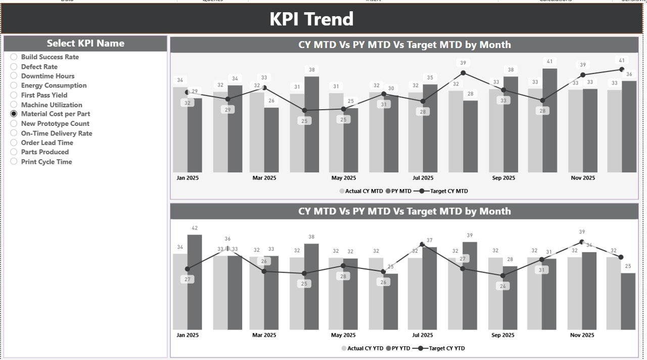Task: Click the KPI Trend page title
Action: pos(311,19)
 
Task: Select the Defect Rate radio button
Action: pos(14,67)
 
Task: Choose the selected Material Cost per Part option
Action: pos(14,114)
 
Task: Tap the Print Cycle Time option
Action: pos(14,162)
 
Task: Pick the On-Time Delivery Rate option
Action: pos(14,133)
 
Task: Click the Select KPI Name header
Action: pos(85,43)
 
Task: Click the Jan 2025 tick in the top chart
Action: pos(188,178)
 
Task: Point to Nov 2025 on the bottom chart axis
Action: pos(582,335)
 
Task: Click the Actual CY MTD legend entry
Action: pos(361,191)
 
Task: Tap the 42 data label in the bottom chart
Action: pos(195,228)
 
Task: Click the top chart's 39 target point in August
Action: pos(463,73)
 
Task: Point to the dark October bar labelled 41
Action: pos(550,121)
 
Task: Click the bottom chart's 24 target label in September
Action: pos(502,286)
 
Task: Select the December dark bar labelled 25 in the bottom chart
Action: pos(628,301)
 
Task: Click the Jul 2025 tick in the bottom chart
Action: pos(423,335)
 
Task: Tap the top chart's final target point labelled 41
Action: pos(622,70)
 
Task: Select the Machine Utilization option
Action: pos(14,105)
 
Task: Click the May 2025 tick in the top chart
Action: pos(343,178)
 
